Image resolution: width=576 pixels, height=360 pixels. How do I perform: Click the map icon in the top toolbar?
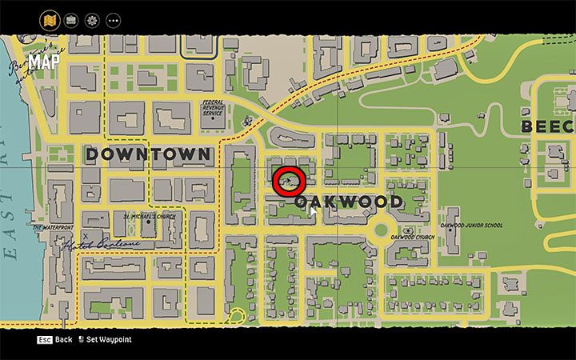tap(50, 19)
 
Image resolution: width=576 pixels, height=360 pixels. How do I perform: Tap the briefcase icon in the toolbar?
tap(70, 19)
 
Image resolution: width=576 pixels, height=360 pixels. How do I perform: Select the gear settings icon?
tap(92, 19)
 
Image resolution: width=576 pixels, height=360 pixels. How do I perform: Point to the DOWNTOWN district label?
tap(148, 154)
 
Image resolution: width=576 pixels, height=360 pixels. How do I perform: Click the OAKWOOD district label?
tap(348, 202)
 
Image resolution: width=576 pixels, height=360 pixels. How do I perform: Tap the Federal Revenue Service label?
tap(213, 107)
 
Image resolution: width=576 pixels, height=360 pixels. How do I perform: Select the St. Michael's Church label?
tap(149, 217)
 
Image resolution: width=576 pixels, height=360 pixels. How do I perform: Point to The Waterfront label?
tap(53, 227)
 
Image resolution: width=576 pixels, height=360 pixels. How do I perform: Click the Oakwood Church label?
tap(413, 237)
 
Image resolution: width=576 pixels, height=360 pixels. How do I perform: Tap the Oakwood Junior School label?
tap(471, 226)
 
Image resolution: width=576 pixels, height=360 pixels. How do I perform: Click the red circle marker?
tap(289, 182)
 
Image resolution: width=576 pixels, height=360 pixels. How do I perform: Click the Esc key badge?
tap(44, 340)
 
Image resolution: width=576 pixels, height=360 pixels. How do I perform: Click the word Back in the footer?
tap(63, 340)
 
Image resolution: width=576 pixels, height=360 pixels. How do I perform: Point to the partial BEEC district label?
tap(548, 126)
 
